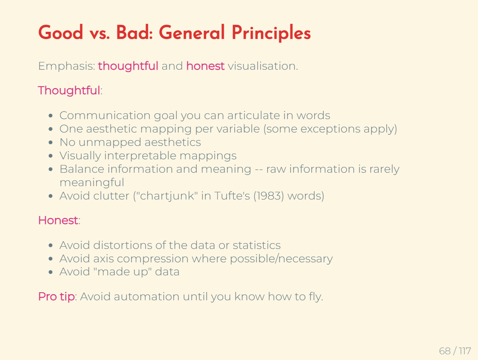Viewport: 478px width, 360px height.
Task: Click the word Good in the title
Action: [x=61, y=32]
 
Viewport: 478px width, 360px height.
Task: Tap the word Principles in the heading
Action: [x=271, y=33]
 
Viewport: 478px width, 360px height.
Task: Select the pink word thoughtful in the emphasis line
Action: [x=128, y=66]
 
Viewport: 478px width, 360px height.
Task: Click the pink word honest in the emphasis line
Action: [x=205, y=66]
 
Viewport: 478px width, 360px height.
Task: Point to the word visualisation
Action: [x=263, y=66]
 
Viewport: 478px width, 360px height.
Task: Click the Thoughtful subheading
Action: [x=69, y=90]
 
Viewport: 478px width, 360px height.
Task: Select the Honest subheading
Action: [x=58, y=220]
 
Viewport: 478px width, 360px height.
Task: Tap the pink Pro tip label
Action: [x=57, y=296]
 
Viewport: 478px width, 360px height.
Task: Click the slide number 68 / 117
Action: [x=455, y=351]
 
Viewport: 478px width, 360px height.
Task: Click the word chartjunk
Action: [x=167, y=196]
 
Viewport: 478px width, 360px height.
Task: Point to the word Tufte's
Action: [x=232, y=196]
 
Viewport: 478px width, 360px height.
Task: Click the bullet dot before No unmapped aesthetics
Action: [x=51, y=143]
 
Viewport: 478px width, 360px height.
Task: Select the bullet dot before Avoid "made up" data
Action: [x=51, y=272]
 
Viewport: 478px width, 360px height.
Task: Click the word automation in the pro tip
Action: [x=146, y=296]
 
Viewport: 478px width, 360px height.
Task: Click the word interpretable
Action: [x=140, y=156]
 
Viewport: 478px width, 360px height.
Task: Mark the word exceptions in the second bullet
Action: [x=330, y=129]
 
